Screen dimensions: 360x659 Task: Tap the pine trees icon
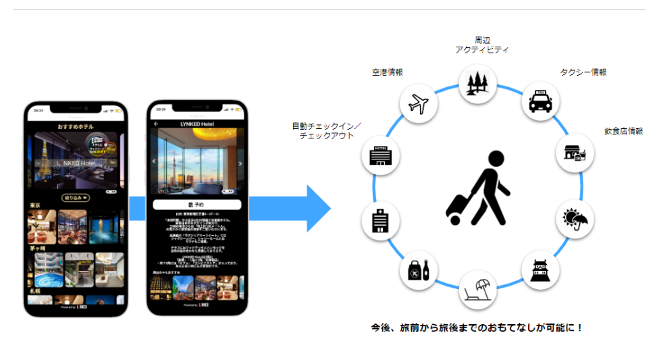point(478,82)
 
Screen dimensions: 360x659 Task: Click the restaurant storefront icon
point(576,154)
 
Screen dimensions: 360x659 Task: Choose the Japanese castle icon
point(540,270)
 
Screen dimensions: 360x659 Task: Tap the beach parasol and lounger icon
point(478,288)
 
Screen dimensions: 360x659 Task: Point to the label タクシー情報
point(583,72)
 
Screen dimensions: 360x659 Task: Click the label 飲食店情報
point(623,131)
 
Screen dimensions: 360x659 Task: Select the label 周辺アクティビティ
point(481,45)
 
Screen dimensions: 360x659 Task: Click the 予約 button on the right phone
point(196,203)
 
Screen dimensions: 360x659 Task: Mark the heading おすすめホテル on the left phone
point(75,127)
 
